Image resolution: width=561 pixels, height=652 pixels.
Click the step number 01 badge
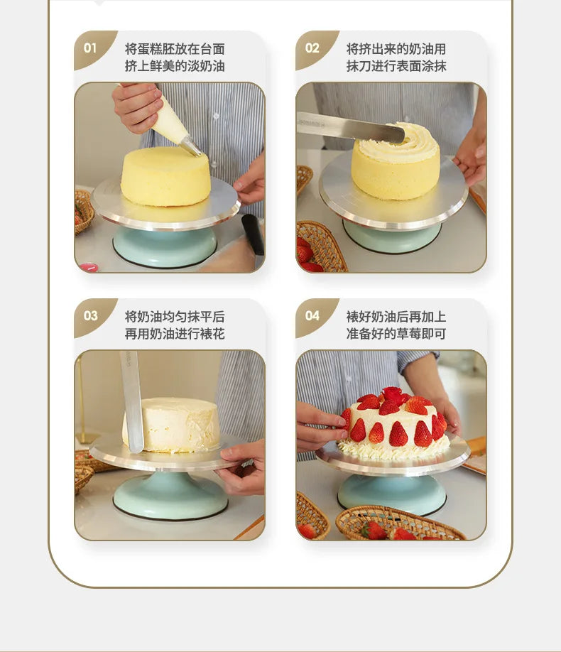(x=91, y=48)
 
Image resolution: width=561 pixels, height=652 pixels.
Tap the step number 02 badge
(x=312, y=48)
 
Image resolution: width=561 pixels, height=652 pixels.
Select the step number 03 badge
(x=91, y=316)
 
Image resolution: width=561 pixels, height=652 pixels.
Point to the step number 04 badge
(x=312, y=316)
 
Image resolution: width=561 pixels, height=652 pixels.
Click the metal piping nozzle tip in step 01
(x=192, y=147)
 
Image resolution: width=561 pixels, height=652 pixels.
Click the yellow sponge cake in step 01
(x=165, y=176)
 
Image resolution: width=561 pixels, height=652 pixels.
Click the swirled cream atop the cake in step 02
(x=397, y=141)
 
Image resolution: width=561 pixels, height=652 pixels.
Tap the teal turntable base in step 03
(x=170, y=495)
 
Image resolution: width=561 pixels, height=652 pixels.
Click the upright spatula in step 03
(x=132, y=402)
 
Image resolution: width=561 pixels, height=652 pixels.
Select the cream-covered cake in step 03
(x=172, y=425)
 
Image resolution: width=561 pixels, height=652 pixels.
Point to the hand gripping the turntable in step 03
(x=244, y=468)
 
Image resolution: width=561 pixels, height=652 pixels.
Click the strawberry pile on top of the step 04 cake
(x=393, y=401)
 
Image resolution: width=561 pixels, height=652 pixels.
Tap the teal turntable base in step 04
(x=391, y=494)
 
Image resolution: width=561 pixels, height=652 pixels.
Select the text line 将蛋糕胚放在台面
(x=175, y=49)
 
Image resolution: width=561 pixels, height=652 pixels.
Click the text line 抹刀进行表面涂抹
(x=396, y=66)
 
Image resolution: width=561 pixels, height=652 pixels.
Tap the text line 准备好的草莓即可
(x=396, y=334)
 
